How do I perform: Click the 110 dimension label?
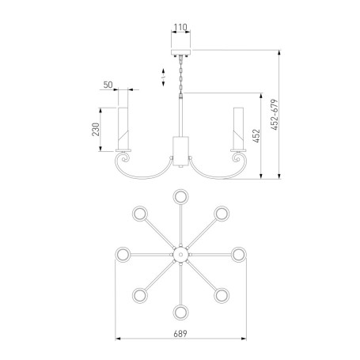pyautogui.click(x=180, y=27)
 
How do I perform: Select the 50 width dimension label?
pyautogui.click(x=108, y=85)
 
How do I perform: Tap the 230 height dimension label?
pyautogui.click(x=96, y=129)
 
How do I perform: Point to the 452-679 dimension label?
pyautogui.click(x=275, y=115)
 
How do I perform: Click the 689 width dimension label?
pyautogui.click(x=180, y=334)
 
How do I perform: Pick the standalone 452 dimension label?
pyautogui.click(x=256, y=136)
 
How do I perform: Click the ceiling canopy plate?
pyautogui.click(x=180, y=52)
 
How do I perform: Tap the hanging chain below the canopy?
pyautogui.click(x=180, y=74)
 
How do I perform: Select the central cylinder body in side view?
pyautogui.click(x=180, y=151)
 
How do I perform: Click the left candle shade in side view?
pyautogui.click(x=123, y=128)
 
